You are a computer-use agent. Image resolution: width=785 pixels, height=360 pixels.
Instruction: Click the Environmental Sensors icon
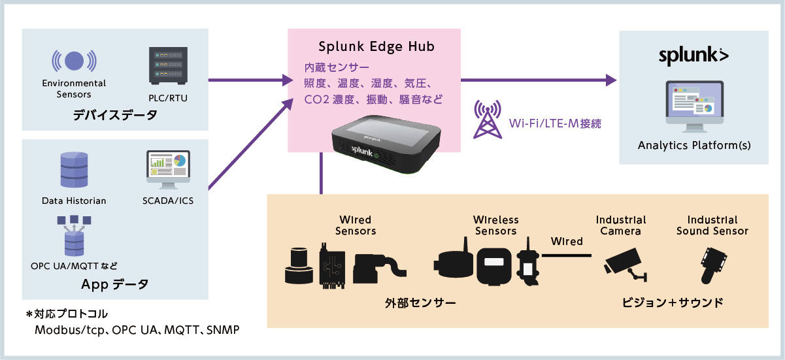click(x=74, y=61)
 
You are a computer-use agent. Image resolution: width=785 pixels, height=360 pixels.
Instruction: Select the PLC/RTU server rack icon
click(x=168, y=66)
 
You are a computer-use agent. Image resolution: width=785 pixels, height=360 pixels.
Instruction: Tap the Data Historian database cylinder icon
click(x=74, y=170)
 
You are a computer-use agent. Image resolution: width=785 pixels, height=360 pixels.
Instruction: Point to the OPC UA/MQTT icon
click(x=74, y=236)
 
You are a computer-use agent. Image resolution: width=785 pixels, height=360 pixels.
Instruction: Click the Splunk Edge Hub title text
click(x=376, y=46)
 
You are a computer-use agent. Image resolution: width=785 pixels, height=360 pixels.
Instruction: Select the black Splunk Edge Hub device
click(x=386, y=144)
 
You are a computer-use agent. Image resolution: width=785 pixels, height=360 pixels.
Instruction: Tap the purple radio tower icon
click(x=488, y=119)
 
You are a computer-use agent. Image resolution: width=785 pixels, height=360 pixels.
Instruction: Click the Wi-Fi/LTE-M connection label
click(x=555, y=123)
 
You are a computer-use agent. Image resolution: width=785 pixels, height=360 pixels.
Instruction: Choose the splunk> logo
click(x=693, y=56)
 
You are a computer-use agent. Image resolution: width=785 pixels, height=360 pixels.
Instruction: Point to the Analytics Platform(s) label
click(x=694, y=145)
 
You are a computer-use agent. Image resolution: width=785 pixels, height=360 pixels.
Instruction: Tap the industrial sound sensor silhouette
click(x=713, y=265)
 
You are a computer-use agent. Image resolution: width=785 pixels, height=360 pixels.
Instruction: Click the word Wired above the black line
click(x=567, y=241)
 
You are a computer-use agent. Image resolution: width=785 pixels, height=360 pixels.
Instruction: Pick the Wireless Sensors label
click(x=496, y=225)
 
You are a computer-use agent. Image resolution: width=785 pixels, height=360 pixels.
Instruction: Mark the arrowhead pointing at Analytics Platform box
click(x=611, y=80)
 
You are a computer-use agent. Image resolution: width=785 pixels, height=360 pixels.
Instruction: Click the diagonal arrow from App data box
click(x=250, y=144)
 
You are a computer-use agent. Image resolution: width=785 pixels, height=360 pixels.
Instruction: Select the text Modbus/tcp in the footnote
click(x=69, y=330)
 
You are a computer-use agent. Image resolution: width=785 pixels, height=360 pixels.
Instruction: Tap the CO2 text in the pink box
click(x=316, y=99)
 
